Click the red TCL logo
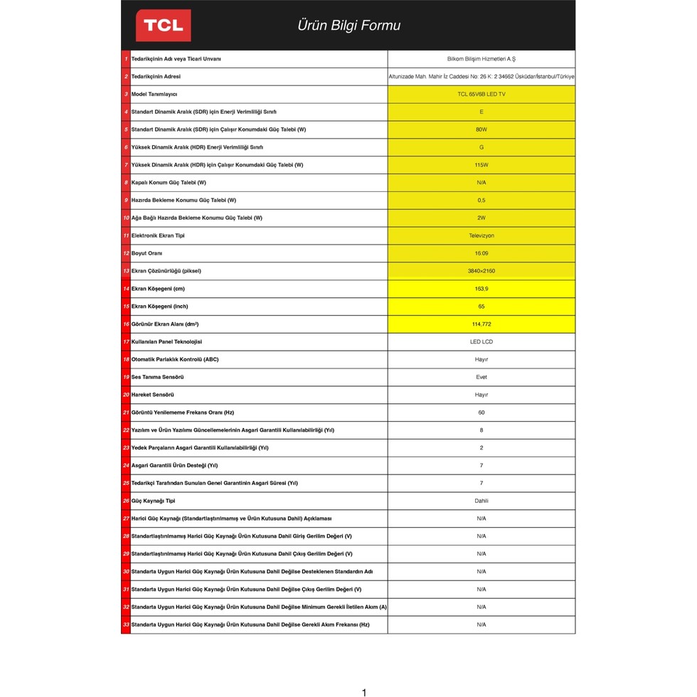tap(164, 26)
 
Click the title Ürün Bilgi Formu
tap(348, 26)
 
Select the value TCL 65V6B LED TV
tap(481, 94)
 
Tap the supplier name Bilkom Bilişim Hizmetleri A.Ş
tap(481, 59)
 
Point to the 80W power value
tap(481, 129)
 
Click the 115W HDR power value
tap(481, 165)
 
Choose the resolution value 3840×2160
tap(481, 271)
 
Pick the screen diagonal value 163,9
tap(481, 289)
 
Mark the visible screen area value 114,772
tap(481, 324)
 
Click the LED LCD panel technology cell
tap(481, 342)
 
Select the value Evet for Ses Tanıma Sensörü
tap(481, 377)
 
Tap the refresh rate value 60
tap(481, 413)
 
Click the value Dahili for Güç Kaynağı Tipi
tap(481, 501)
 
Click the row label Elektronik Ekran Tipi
tap(157, 235)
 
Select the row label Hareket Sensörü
tap(152, 395)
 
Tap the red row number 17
tap(126, 342)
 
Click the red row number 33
tap(126, 624)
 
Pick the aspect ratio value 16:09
tap(481, 253)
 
